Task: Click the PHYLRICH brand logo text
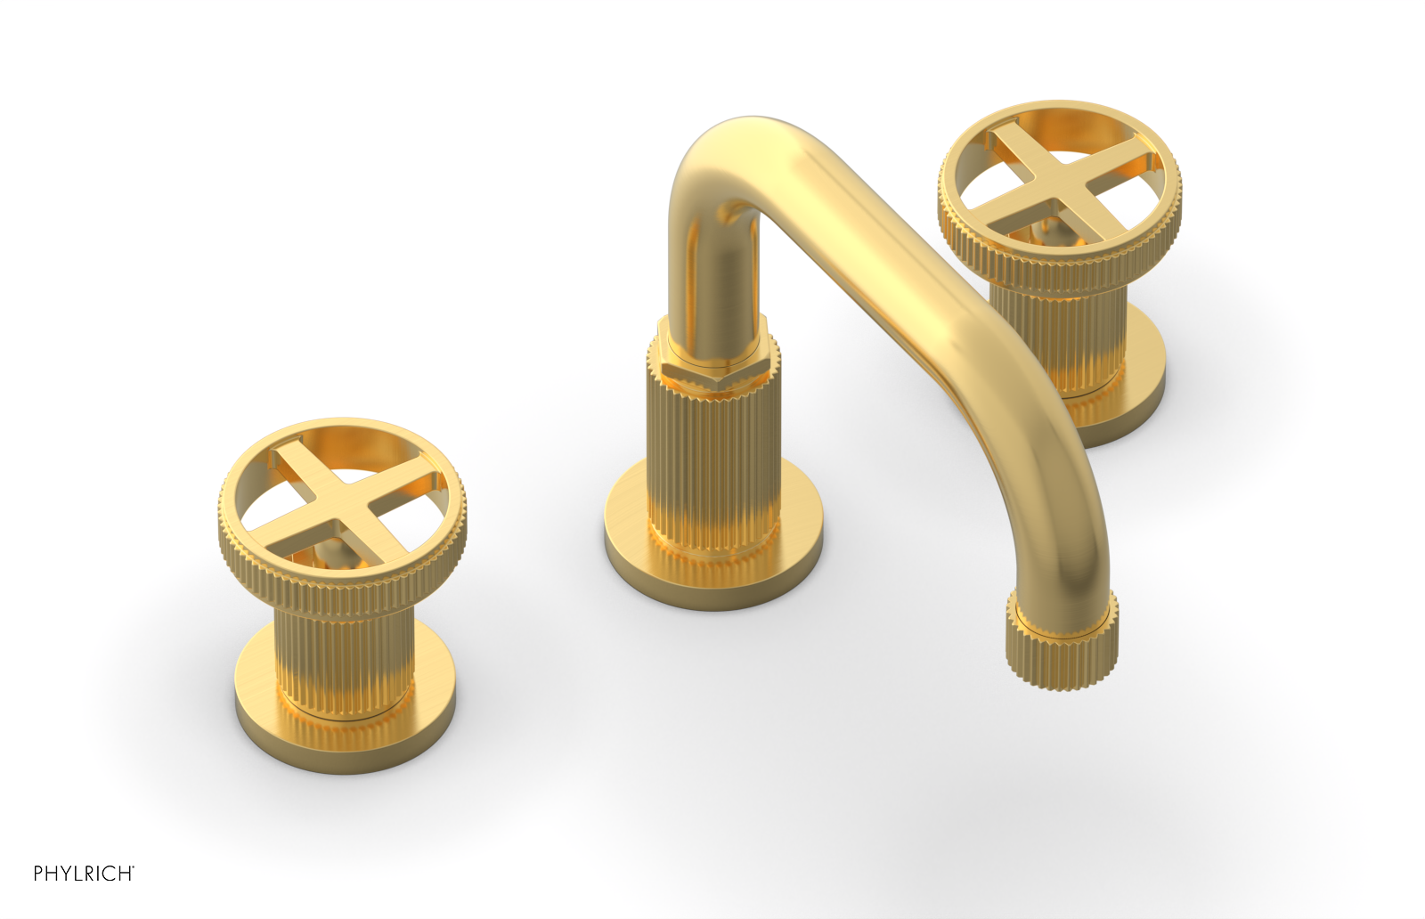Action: pyautogui.click(x=83, y=874)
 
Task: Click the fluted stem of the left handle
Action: pyautogui.click(x=342, y=659)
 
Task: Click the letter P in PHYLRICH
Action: pyautogui.click(x=38, y=874)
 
